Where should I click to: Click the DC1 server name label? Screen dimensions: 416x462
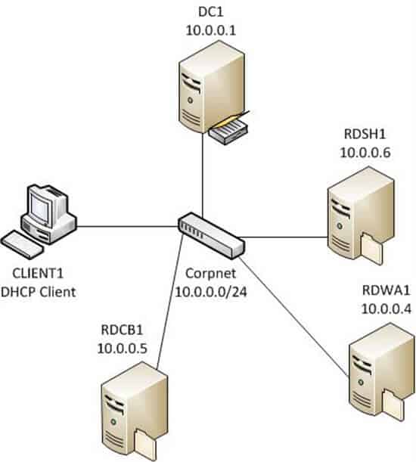click(211, 12)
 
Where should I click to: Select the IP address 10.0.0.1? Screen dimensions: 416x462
click(211, 30)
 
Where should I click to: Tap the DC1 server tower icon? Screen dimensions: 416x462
click(212, 87)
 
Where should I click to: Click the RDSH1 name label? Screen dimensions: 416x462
click(365, 134)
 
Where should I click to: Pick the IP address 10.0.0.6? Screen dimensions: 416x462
click(365, 153)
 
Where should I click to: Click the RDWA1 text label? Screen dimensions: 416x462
click(386, 290)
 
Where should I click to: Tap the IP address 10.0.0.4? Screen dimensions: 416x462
click(386, 309)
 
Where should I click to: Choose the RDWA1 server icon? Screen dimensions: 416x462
click(381, 373)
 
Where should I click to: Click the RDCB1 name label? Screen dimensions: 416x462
click(122, 330)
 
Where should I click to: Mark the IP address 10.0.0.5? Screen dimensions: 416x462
click(122, 349)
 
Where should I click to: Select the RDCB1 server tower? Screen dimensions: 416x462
click(135, 411)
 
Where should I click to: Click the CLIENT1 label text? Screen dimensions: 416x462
click(38, 274)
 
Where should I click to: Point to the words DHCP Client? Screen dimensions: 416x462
click(39, 292)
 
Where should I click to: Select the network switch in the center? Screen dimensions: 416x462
click(211, 236)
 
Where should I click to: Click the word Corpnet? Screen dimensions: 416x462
click(211, 274)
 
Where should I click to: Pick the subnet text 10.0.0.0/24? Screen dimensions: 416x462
click(211, 292)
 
